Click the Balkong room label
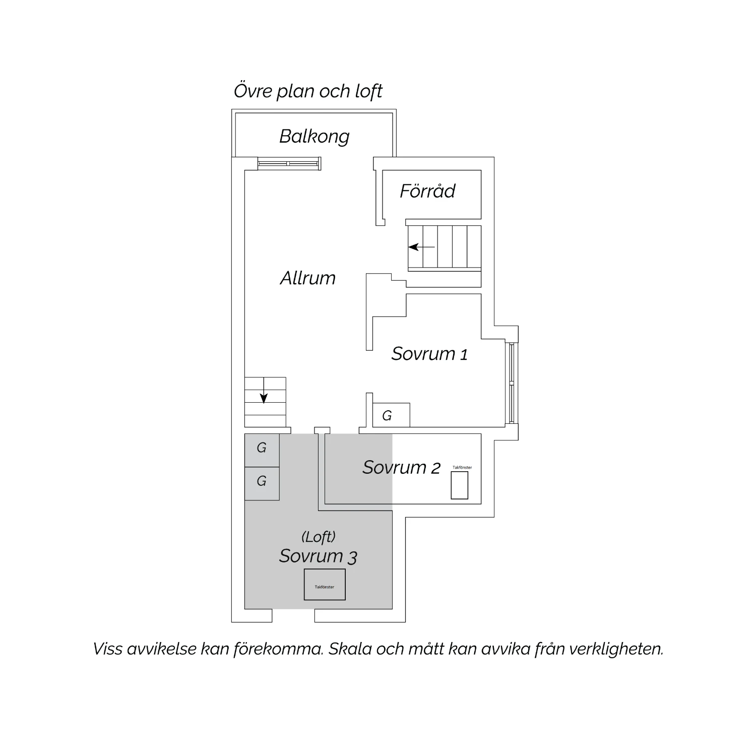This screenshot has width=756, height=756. coord(314,137)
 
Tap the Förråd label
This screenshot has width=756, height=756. coord(427,191)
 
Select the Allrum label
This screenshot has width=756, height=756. coord(308,278)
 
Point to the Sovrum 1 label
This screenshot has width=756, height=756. coord(429,354)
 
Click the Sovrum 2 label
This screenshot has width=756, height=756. coord(402,468)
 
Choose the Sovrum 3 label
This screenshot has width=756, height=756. coord(319,556)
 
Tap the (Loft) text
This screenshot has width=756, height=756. coord(319,537)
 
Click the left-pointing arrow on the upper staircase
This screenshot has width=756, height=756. coord(422,247)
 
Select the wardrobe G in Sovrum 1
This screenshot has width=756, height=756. coord(391,415)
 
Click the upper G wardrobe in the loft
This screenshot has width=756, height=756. coord(262,450)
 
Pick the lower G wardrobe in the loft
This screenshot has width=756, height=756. coord(262,483)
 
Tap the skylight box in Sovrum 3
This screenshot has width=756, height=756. coord(325,585)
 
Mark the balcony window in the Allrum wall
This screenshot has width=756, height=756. coord(289,164)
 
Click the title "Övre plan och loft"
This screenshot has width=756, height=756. coord(308,91)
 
